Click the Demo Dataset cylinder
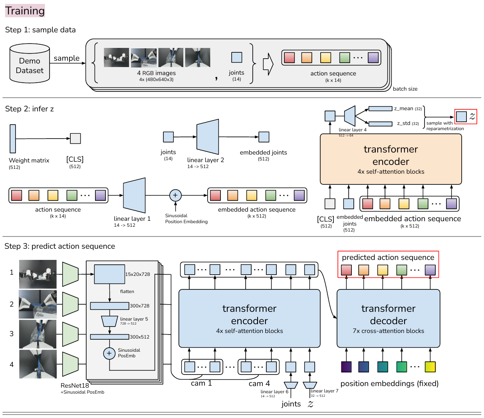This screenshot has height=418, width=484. point(30,63)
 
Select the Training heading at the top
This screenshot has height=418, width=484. point(25,11)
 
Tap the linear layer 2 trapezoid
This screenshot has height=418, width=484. point(208,137)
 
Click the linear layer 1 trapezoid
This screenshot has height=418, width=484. point(134,195)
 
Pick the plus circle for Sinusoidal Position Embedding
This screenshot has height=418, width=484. point(175,195)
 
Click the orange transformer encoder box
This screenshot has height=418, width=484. point(391,159)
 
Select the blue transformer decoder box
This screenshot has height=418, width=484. point(388,318)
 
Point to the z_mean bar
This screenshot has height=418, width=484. point(380,109)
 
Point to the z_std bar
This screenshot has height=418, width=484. point(380,124)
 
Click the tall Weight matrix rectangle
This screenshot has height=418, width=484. point(13,139)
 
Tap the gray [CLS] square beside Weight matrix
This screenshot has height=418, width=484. point(75,139)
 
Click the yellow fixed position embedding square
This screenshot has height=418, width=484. point(430,367)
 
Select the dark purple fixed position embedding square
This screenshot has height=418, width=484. point(346,367)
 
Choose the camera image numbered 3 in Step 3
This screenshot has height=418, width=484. point(38,334)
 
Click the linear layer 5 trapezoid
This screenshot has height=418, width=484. point(109,321)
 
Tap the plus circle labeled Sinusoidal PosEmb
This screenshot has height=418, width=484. point(109,353)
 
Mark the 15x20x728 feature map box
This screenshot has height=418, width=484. point(109,274)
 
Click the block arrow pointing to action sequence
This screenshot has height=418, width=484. point(268,64)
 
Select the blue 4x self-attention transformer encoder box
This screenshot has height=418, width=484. point(249,318)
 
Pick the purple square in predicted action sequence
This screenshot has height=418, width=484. point(430,270)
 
